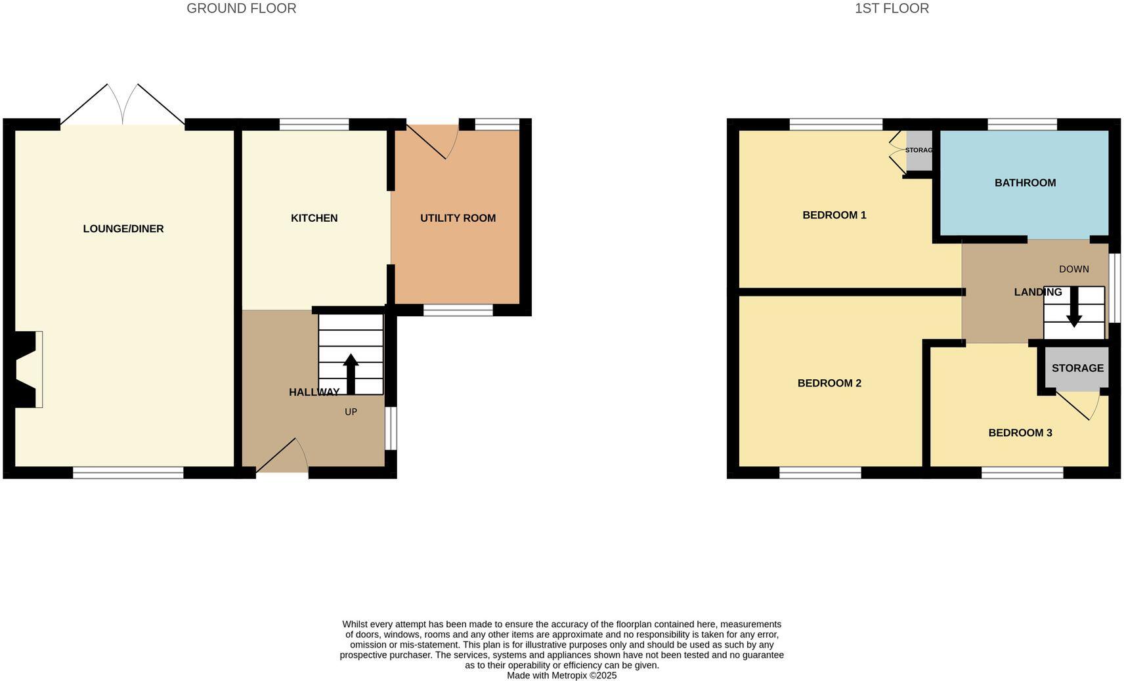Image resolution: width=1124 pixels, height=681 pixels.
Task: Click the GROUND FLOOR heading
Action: [x=241, y=9]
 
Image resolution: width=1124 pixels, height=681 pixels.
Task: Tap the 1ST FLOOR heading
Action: [x=892, y=9]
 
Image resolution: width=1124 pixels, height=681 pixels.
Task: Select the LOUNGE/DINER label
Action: [x=123, y=229]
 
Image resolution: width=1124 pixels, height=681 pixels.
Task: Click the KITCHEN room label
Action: [x=314, y=218]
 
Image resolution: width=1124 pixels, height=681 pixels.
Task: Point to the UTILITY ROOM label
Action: [x=458, y=218]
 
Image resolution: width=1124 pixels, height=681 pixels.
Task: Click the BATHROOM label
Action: [x=1025, y=183]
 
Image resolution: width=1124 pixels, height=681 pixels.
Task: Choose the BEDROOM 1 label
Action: [x=834, y=215]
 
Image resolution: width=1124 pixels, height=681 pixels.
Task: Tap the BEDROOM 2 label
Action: [x=829, y=383]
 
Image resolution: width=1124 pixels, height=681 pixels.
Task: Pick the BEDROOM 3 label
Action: [x=1020, y=433]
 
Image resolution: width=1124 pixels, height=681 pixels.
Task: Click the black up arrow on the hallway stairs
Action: [x=351, y=373]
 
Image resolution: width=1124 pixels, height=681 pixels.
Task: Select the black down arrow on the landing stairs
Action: [x=1074, y=307]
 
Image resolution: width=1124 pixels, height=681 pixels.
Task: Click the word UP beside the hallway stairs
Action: [x=351, y=412]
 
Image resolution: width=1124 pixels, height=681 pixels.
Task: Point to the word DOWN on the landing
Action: [x=1074, y=269]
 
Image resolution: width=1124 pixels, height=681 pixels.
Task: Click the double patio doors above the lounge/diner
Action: [x=123, y=105]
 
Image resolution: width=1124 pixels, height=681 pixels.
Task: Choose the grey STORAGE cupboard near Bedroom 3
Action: [x=1077, y=368]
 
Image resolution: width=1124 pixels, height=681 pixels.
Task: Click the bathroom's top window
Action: [x=1022, y=124]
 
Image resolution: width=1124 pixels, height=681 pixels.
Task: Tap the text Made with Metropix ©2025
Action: [x=561, y=675]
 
